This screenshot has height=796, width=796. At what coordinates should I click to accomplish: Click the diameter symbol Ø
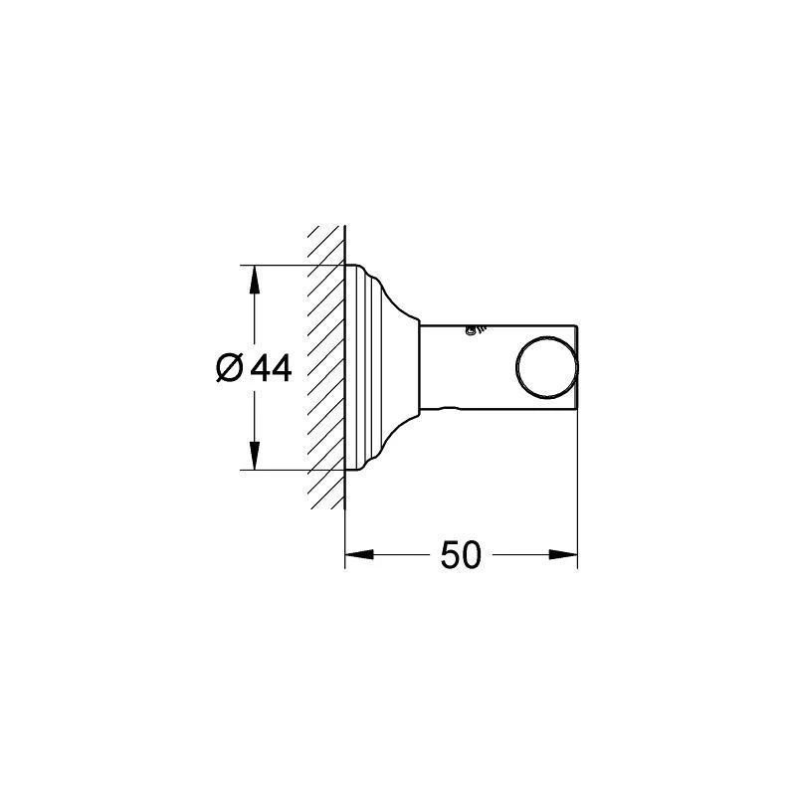click(x=229, y=368)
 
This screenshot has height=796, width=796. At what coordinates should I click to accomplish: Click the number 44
click(x=272, y=368)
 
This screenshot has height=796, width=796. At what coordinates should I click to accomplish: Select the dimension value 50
click(x=461, y=555)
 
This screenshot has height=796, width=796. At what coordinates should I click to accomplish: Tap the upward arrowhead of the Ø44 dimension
click(x=255, y=280)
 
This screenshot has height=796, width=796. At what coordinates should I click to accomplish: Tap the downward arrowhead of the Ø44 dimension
click(x=255, y=456)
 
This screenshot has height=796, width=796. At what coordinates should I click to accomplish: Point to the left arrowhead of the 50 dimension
click(x=359, y=554)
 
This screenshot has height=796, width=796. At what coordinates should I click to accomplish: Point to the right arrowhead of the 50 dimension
click(x=563, y=554)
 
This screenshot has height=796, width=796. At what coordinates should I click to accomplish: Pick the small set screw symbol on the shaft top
click(x=474, y=330)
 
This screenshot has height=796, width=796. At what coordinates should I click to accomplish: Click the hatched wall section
click(x=325, y=367)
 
